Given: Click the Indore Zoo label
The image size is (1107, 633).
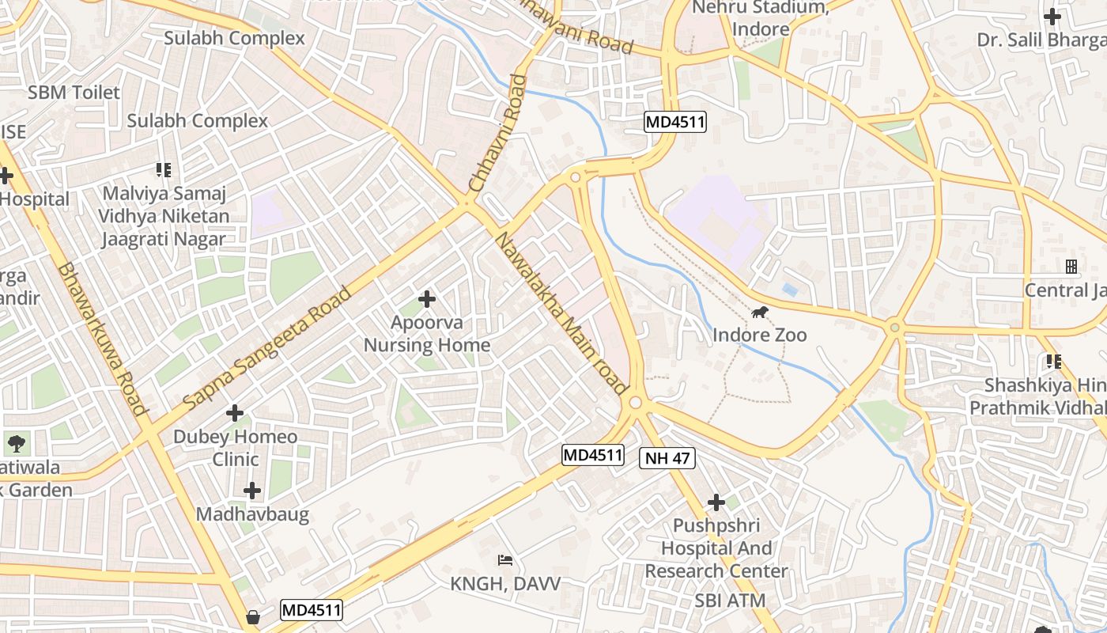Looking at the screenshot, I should coord(759,335).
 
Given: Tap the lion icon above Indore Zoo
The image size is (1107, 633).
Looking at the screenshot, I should coord(760,313).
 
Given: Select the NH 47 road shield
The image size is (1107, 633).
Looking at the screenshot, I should coord(667,458).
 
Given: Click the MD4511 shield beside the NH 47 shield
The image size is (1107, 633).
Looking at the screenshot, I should coord(593,455).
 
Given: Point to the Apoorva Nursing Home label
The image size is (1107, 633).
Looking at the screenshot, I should coord(427,334).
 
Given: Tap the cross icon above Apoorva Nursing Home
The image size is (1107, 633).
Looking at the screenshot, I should coord(427,299).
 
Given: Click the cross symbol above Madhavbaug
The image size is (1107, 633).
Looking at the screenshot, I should coord(252,491).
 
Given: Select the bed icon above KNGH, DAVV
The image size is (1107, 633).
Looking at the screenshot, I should coord(505,561).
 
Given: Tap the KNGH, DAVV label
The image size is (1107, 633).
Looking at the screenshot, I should coord(505,584).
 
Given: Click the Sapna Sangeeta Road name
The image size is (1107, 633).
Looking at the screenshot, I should coord(267,348).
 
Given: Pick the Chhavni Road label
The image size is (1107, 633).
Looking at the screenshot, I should coord(497,133).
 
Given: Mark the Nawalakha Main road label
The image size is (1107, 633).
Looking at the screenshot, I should coord(561,313).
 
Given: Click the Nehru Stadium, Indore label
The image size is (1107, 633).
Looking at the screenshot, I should coord(760,18).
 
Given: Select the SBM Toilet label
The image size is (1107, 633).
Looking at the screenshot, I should coord(74,93).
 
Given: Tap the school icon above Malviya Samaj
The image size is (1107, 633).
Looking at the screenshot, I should coord(164,170).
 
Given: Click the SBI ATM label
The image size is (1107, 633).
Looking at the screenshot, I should coord(730,601).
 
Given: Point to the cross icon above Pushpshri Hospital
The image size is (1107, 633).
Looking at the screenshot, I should coord(716,502).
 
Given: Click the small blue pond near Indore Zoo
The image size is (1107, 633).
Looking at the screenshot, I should coord(789,290).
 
